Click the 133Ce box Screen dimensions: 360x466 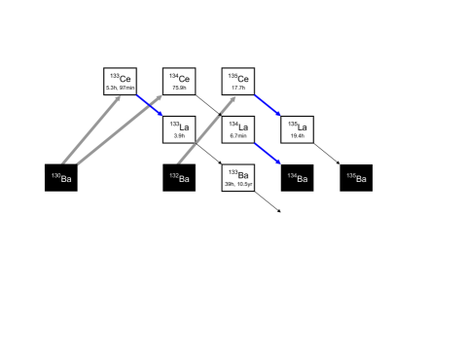122,81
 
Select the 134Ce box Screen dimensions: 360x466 179,81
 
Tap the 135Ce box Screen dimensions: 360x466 238,81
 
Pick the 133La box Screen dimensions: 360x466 179,128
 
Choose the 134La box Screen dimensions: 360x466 238,128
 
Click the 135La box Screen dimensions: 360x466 297,128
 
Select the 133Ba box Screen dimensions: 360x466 238,177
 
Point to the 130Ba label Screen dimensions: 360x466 61,178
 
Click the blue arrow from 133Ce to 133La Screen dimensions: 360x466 151,105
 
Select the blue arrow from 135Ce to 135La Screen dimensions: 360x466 269,105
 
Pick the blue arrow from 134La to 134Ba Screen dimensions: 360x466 269,154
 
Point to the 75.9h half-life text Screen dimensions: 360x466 179,88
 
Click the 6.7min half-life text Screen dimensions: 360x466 238,136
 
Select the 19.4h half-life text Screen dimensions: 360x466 297,136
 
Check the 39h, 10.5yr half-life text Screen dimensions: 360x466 238,184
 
